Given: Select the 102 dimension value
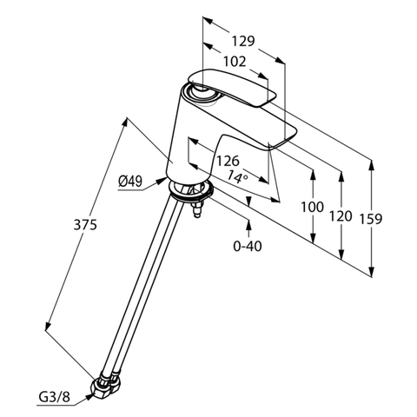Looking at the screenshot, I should click(x=233, y=63).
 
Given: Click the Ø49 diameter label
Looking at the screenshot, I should click(x=129, y=181).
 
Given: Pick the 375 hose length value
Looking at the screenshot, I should click(x=84, y=224).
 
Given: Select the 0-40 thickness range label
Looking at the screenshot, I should click(x=248, y=246).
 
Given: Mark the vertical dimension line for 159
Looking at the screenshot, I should click(x=372, y=217).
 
